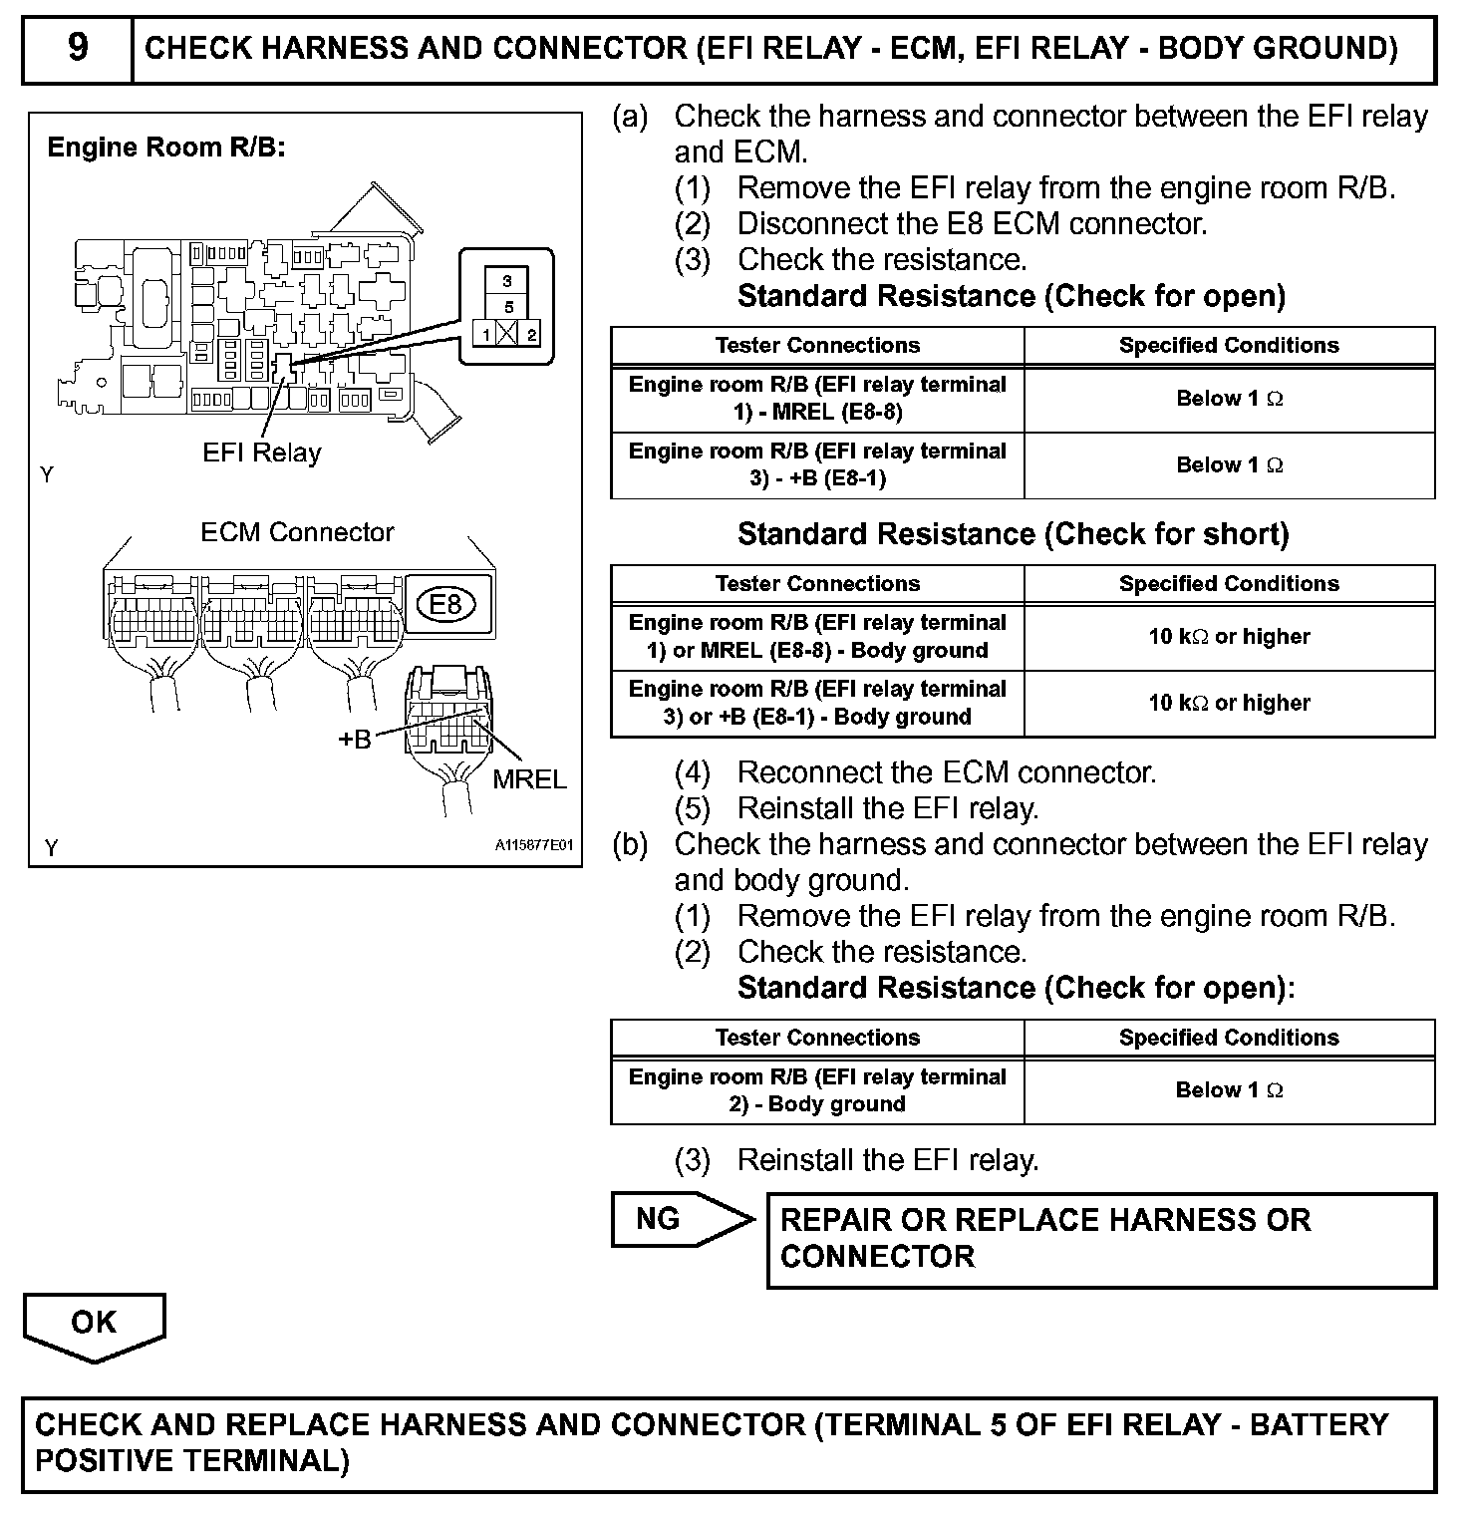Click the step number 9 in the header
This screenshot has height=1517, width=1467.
(x=78, y=48)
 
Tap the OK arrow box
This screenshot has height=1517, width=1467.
(x=94, y=1324)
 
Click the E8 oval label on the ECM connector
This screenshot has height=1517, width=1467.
(x=445, y=604)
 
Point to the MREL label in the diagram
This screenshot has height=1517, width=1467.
(x=529, y=779)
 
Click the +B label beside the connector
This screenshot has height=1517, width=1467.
(x=355, y=740)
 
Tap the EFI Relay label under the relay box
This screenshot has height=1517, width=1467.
(x=262, y=453)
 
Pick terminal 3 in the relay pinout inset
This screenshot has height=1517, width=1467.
(x=507, y=282)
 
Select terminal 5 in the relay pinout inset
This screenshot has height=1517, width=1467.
(x=508, y=307)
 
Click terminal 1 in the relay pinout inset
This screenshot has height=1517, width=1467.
(x=485, y=335)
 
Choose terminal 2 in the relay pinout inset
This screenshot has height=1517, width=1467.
(x=531, y=335)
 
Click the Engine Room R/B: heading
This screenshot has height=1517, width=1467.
(x=166, y=148)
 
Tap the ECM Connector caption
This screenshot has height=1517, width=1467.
(x=297, y=532)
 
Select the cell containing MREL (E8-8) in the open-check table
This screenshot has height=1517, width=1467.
(x=817, y=399)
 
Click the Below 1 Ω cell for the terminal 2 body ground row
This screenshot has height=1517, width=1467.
(x=1229, y=1090)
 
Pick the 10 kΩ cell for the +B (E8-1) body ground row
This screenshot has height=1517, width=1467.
(x=1229, y=704)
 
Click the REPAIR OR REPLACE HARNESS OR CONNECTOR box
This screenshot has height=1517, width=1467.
(x=1101, y=1239)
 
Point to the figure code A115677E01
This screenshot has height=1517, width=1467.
(x=534, y=846)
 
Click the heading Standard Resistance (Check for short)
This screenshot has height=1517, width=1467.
(x=1013, y=535)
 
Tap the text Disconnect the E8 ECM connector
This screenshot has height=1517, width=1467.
(x=972, y=224)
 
